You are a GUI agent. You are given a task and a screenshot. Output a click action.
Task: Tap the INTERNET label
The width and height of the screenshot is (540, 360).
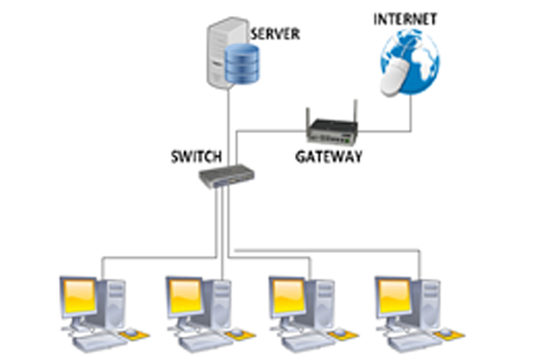404,19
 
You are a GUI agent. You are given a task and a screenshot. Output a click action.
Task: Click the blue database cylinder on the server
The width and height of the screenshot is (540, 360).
242,63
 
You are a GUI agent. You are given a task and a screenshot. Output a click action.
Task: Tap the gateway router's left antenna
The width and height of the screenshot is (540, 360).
309,117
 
